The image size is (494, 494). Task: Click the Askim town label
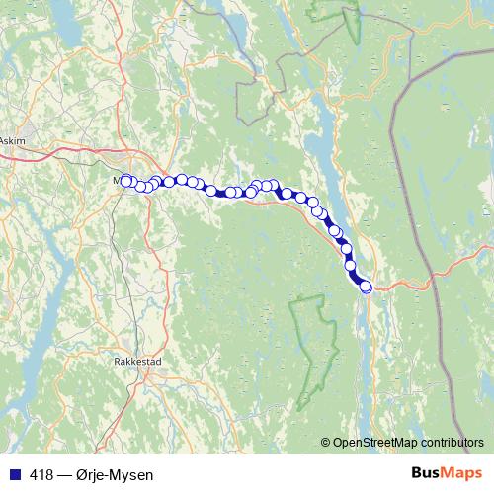point(13,141)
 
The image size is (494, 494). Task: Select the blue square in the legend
point(13,475)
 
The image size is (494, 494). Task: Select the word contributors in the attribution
point(451,442)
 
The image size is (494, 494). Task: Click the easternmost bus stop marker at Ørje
point(366,287)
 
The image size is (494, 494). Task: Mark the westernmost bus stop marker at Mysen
point(125,180)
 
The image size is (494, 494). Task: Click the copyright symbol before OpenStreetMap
point(327,442)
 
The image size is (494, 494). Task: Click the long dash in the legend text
point(63,475)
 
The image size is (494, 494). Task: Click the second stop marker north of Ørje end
point(349,265)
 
